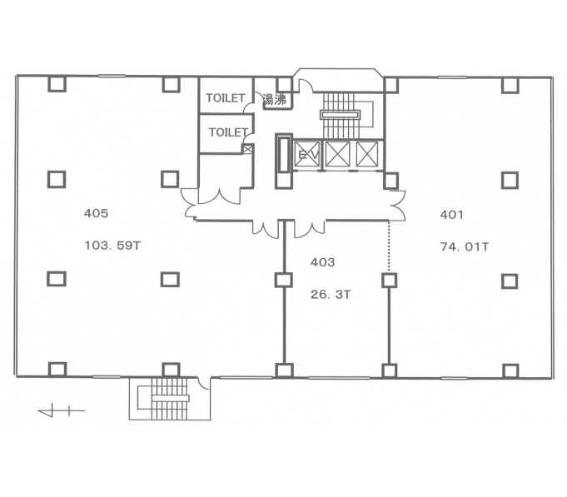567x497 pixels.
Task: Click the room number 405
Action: pos(97,213)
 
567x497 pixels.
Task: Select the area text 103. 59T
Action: pos(112,246)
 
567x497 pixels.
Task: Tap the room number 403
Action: pos(322,262)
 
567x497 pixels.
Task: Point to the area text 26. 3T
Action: pos(331,295)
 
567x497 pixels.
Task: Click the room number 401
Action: pos(451,215)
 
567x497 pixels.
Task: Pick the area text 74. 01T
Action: pos(465,247)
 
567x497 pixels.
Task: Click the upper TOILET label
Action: pos(226,98)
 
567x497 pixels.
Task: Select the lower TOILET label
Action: pos(228,132)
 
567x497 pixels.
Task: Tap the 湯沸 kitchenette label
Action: pos(275,99)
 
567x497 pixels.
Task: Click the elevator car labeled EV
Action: pos(307,154)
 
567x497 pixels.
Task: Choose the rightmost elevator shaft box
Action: pos(367,154)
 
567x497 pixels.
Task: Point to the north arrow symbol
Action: pos(61,410)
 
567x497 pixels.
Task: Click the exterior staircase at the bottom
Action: pos(170,398)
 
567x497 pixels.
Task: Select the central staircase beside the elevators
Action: pos(341,115)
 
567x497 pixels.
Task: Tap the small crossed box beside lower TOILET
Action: pos(247,149)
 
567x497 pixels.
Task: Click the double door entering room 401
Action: pos(397,205)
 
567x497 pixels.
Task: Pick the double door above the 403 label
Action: pos(310,229)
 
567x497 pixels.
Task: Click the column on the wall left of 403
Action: pos(283,280)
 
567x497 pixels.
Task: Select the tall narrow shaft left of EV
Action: pos(283,161)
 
